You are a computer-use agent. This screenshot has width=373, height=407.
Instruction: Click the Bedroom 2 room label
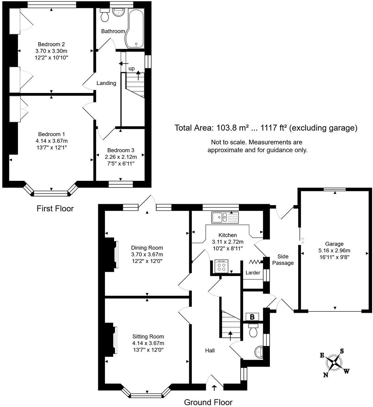(51, 44)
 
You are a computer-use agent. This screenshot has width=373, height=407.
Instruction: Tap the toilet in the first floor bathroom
(105, 15)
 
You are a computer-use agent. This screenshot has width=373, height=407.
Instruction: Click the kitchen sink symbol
(225, 218)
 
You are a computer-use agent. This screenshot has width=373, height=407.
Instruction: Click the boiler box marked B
(252, 317)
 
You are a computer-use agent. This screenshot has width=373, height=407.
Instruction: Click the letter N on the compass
(326, 375)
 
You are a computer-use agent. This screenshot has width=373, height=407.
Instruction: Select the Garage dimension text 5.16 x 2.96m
(334, 250)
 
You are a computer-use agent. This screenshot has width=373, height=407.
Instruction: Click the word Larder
(253, 273)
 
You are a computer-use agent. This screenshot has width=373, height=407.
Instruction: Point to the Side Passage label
(283, 259)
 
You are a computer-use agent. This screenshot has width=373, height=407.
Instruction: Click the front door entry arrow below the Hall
(214, 388)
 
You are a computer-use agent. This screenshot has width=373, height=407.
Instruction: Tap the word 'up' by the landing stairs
(131, 68)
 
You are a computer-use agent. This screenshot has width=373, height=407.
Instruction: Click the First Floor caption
(55, 209)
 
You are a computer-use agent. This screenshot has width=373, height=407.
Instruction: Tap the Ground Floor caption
(208, 402)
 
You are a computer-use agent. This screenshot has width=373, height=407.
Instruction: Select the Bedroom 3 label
(121, 150)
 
